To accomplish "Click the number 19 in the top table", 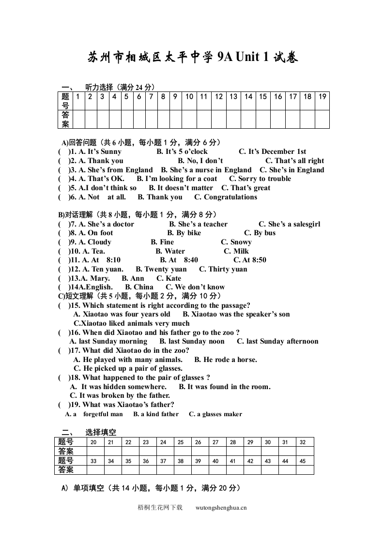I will tap(323, 96).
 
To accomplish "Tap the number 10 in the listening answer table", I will tap(189, 96).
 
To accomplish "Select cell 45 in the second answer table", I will tap(303, 461).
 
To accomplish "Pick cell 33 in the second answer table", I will tap(93, 461).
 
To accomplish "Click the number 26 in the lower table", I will tap(198, 442).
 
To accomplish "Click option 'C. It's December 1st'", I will tap(273, 151).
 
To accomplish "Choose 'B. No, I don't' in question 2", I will tap(200, 161).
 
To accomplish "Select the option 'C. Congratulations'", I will tap(226, 197).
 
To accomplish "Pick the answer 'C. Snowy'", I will tap(236, 242).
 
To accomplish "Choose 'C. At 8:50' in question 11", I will tap(250, 260).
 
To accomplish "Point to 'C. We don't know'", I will tap(195, 287).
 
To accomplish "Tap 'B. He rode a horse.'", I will tap(226, 360).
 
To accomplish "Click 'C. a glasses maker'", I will tap(215, 414).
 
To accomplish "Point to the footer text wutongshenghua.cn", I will tap(221, 508).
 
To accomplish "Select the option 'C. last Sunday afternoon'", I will tap(277, 341).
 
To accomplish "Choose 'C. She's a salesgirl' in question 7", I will tap(289, 224).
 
